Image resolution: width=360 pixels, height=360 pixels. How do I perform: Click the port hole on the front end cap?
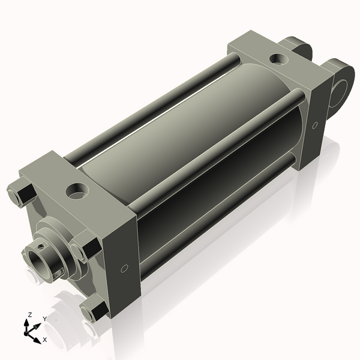(77, 191)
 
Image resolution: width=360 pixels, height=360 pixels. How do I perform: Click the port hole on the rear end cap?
(278, 59)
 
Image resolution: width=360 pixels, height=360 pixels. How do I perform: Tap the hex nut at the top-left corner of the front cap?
(22, 194)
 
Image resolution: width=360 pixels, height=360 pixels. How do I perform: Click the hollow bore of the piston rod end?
(37, 261)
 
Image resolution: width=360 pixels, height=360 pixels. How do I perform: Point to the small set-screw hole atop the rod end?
(41, 247)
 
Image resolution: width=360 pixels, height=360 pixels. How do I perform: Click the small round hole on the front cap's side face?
(124, 268)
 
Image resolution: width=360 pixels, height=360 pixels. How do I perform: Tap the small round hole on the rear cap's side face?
(315, 125)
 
